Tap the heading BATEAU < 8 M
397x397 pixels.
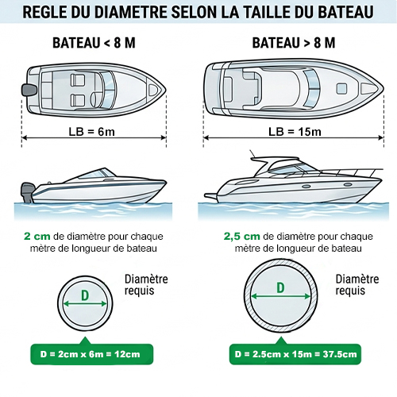click(94, 43)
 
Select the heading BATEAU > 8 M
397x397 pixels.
click(294, 43)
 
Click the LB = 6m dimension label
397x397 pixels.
click(92, 132)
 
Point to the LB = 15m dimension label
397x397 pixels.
click(295, 132)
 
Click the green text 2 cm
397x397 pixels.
click(37, 237)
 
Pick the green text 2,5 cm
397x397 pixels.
click(241, 237)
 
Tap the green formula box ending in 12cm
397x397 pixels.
click(92, 354)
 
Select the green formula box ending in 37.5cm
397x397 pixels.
click(295, 354)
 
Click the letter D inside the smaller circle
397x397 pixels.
click(85, 295)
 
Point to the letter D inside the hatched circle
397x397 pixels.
click(280, 287)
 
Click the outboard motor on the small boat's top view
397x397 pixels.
click(29, 90)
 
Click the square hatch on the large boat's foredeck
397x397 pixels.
click(341, 88)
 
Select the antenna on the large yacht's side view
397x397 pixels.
click(252, 154)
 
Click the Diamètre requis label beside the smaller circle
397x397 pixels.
click(146, 285)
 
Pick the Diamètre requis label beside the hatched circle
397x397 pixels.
click(357, 285)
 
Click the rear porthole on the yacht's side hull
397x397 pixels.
click(306, 187)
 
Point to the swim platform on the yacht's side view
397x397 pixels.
click(211, 196)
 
